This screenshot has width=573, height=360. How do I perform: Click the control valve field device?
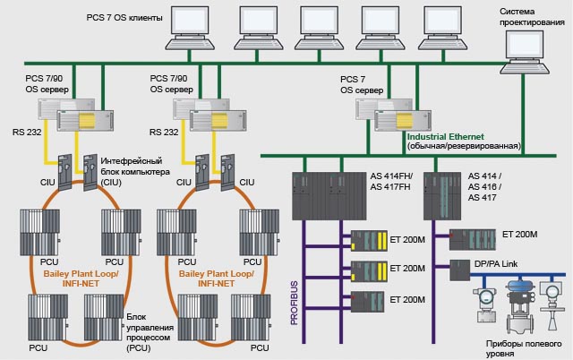(x=516, y=304)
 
